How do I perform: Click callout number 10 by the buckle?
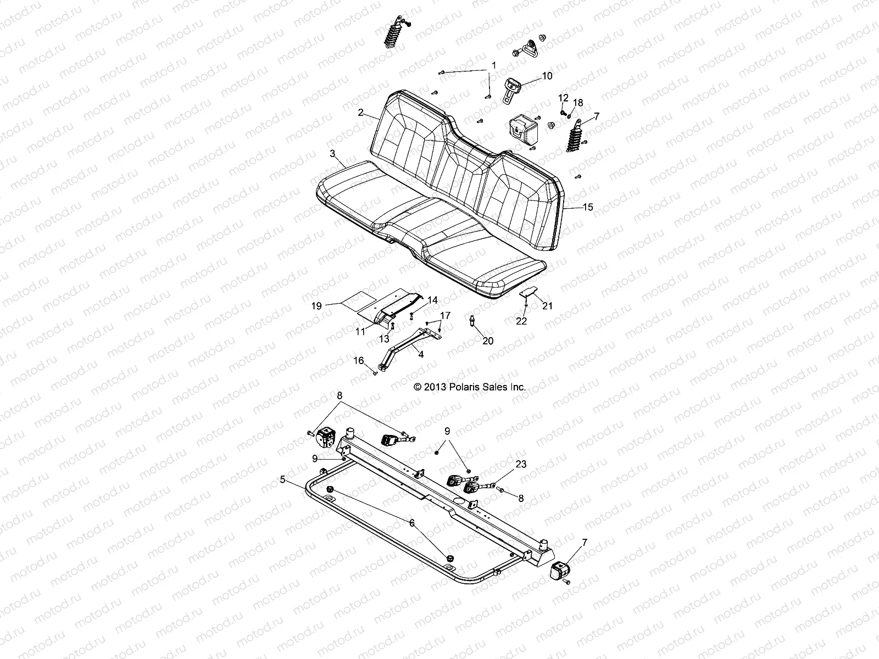(547, 76)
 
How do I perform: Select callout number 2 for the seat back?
(360, 113)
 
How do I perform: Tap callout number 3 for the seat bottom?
(332, 154)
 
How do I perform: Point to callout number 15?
(588, 207)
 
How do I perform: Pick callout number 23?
(521, 464)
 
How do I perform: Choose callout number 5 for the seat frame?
(283, 479)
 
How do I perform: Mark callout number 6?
(412, 523)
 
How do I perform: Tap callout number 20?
(488, 341)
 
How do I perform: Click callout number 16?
(359, 360)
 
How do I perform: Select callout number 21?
(547, 306)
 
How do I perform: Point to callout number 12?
(563, 98)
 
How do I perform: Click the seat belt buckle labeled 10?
(513, 86)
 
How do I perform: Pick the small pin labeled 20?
(473, 320)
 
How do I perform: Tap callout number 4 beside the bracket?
(421, 355)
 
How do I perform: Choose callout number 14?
(432, 300)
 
